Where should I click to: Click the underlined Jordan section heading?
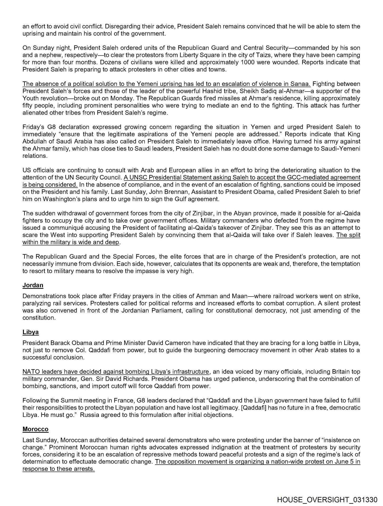[x=33, y=285]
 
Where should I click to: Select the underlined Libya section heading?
[x=31, y=332]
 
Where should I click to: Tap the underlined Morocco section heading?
[x=35, y=429]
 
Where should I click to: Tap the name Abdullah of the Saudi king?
[x=34, y=141]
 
